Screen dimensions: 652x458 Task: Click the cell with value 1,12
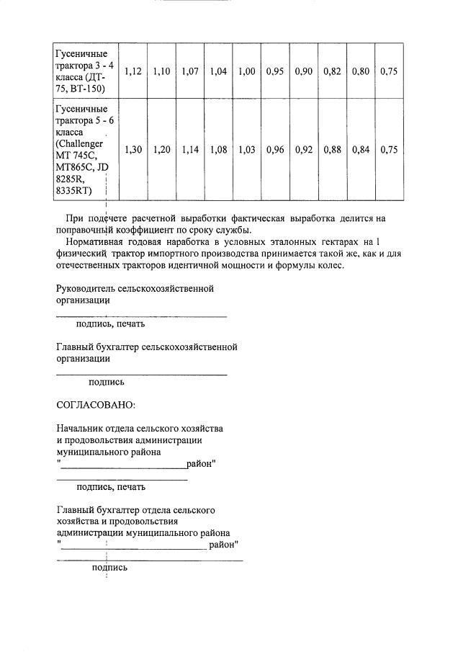click(x=133, y=71)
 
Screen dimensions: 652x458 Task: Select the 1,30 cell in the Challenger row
click(x=133, y=150)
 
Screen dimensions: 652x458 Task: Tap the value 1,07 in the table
click(x=189, y=71)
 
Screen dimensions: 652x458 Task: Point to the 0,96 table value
click(x=274, y=150)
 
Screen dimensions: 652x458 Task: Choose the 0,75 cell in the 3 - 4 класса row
click(x=389, y=71)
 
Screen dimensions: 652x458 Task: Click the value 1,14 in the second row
click(x=189, y=150)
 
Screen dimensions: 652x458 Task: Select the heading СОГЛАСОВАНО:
click(x=95, y=406)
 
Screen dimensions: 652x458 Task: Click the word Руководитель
click(x=86, y=288)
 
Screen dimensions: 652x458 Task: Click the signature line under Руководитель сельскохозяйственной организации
click(x=141, y=316)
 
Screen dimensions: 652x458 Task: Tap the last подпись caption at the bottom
click(x=109, y=567)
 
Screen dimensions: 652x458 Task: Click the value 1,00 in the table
click(x=246, y=71)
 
